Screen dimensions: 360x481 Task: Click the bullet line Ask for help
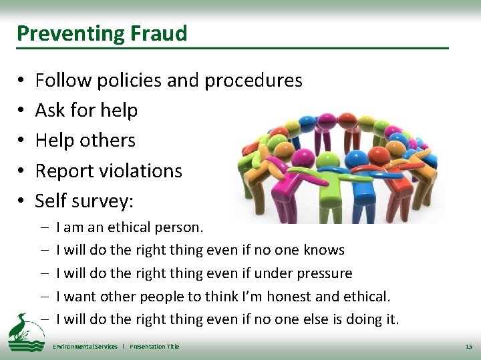pos(86,110)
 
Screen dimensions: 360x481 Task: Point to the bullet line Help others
pos(85,140)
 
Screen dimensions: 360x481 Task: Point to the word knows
pos(324,250)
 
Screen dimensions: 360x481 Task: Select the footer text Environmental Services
pos(85,347)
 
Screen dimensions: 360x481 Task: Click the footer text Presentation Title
pos(154,347)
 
